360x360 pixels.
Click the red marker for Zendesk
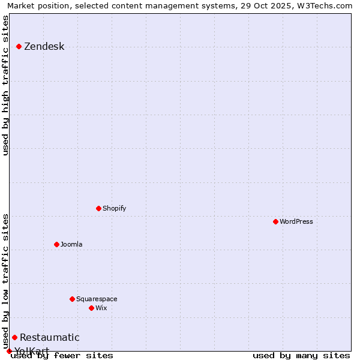click(19, 46)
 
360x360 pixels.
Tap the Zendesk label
click(44, 47)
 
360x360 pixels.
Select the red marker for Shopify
click(98, 208)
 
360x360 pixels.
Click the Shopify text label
click(114, 209)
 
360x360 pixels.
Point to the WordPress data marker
click(275, 221)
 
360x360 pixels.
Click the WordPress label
click(296, 222)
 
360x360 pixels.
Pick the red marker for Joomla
click(56, 244)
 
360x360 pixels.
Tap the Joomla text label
click(71, 245)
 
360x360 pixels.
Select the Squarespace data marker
click(72, 299)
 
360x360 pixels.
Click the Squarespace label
click(97, 299)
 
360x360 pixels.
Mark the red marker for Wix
click(91, 308)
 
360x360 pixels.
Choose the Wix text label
click(101, 308)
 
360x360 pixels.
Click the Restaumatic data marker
click(14, 337)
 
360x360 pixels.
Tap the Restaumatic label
click(49, 338)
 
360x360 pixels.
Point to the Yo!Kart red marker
click(9, 351)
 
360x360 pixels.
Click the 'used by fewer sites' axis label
click(62, 356)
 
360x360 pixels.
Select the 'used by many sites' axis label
click(301, 356)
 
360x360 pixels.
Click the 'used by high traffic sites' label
click(6, 85)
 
